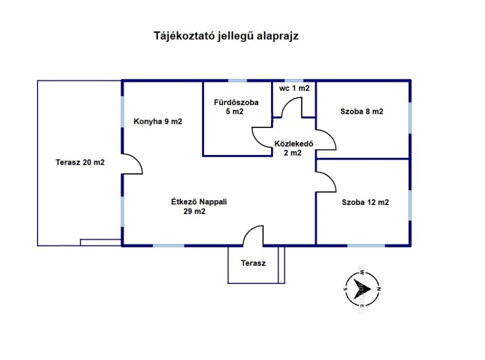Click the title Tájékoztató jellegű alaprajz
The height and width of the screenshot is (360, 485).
(x=226, y=36)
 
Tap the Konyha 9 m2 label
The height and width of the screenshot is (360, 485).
(x=157, y=121)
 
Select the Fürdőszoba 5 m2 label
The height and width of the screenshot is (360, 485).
(x=236, y=107)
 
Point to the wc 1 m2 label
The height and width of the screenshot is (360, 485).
(x=294, y=88)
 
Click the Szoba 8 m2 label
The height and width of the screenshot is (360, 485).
(x=361, y=111)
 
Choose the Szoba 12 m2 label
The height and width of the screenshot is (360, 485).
(x=365, y=202)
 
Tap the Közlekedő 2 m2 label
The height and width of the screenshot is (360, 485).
(x=293, y=148)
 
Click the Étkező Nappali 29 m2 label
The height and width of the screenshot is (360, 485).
(x=199, y=206)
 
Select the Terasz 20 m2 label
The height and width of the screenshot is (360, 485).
(x=80, y=162)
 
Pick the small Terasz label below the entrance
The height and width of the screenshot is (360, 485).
(x=253, y=263)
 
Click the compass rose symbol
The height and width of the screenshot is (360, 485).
(x=362, y=289)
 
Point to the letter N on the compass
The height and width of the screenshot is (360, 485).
(x=378, y=289)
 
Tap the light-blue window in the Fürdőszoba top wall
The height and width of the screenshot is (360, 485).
(x=237, y=80)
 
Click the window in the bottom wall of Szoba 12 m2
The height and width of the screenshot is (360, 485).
(x=366, y=246)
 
